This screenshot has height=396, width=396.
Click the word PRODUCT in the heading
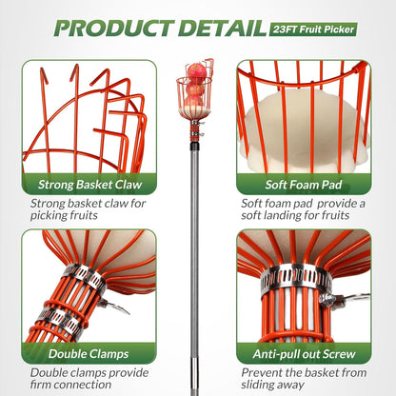105,27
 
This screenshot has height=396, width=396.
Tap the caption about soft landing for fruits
300,209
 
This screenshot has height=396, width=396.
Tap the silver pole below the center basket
198,238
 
